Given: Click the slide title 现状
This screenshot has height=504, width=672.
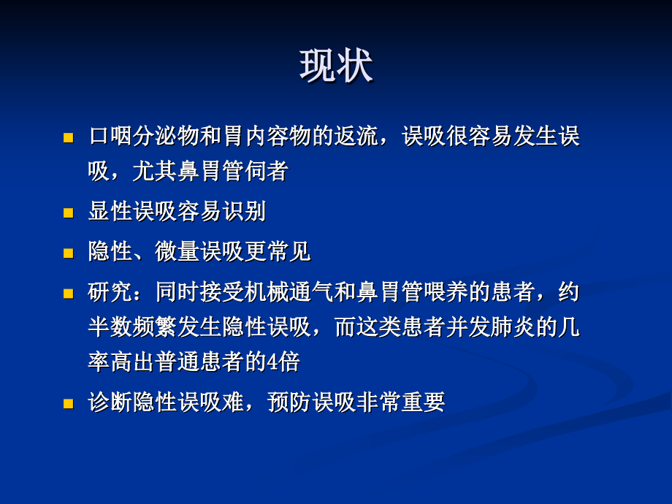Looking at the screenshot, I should click(336, 66).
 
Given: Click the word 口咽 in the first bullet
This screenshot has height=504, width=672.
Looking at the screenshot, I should click(110, 137).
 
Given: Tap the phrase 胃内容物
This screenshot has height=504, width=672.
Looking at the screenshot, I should click(267, 137).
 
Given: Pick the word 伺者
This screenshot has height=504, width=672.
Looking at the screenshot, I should click(267, 172).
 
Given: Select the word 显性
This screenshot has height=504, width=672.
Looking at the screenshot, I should click(110, 212).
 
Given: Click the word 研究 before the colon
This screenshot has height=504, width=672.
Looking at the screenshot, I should click(110, 291).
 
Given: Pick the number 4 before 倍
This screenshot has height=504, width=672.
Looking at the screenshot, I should click(272, 362).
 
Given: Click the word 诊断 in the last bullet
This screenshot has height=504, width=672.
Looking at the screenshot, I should click(110, 402).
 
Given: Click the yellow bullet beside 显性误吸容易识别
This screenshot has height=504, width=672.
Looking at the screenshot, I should click(69, 213).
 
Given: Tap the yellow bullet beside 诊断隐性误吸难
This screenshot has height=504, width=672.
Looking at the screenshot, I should click(69, 402).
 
